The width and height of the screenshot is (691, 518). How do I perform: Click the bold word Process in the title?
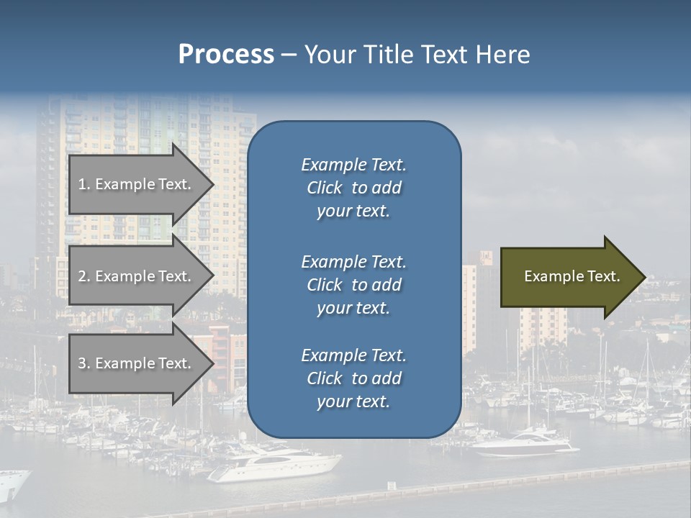(x=226, y=55)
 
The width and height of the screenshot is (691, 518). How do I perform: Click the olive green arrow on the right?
(x=569, y=277)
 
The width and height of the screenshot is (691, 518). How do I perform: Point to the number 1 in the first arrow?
(x=82, y=184)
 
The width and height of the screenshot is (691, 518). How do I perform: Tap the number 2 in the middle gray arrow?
(x=83, y=276)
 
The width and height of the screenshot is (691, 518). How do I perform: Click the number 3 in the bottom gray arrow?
(x=83, y=363)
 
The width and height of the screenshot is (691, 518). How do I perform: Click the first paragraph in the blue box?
(x=353, y=188)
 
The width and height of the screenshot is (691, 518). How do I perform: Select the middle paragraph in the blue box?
(x=353, y=285)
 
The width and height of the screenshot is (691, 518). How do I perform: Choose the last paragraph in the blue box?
(x=353, y=378)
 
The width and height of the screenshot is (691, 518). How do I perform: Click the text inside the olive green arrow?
(x=572, y=276)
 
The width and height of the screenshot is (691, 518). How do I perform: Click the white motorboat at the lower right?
(x=525, y=442)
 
